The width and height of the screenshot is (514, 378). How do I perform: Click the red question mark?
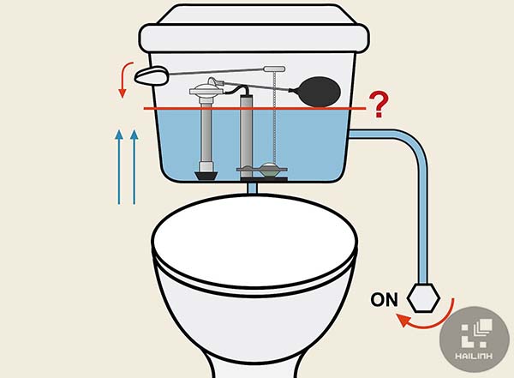(379, 105)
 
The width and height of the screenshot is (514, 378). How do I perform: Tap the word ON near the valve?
(385, 300)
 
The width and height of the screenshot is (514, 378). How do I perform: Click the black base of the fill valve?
(206, 175)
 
